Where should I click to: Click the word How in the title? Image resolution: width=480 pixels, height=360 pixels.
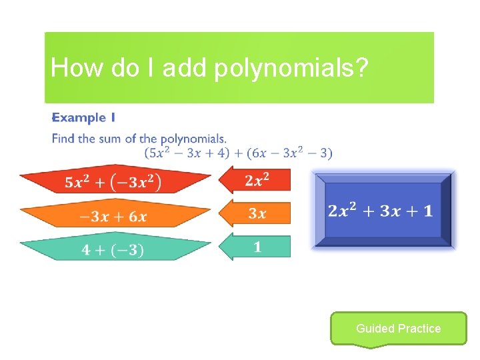click(x=70, y=68)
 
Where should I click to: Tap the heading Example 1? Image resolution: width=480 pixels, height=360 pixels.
click(x=84, y=118)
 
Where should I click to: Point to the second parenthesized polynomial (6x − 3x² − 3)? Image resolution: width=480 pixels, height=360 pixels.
click(x=289, y=153)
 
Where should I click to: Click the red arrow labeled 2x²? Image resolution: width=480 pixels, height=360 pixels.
click(x=257, y=181)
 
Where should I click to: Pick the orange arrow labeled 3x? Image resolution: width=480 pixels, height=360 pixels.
click(x=257, y=214)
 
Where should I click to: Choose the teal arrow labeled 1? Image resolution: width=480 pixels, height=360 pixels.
click(x=257, y=247)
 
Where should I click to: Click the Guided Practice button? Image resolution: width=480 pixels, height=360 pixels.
click(x=398, y=328)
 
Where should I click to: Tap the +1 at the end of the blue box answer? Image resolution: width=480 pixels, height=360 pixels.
click(x=420, y=211)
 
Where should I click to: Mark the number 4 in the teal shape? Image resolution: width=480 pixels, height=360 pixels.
click(x=86, y=250)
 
